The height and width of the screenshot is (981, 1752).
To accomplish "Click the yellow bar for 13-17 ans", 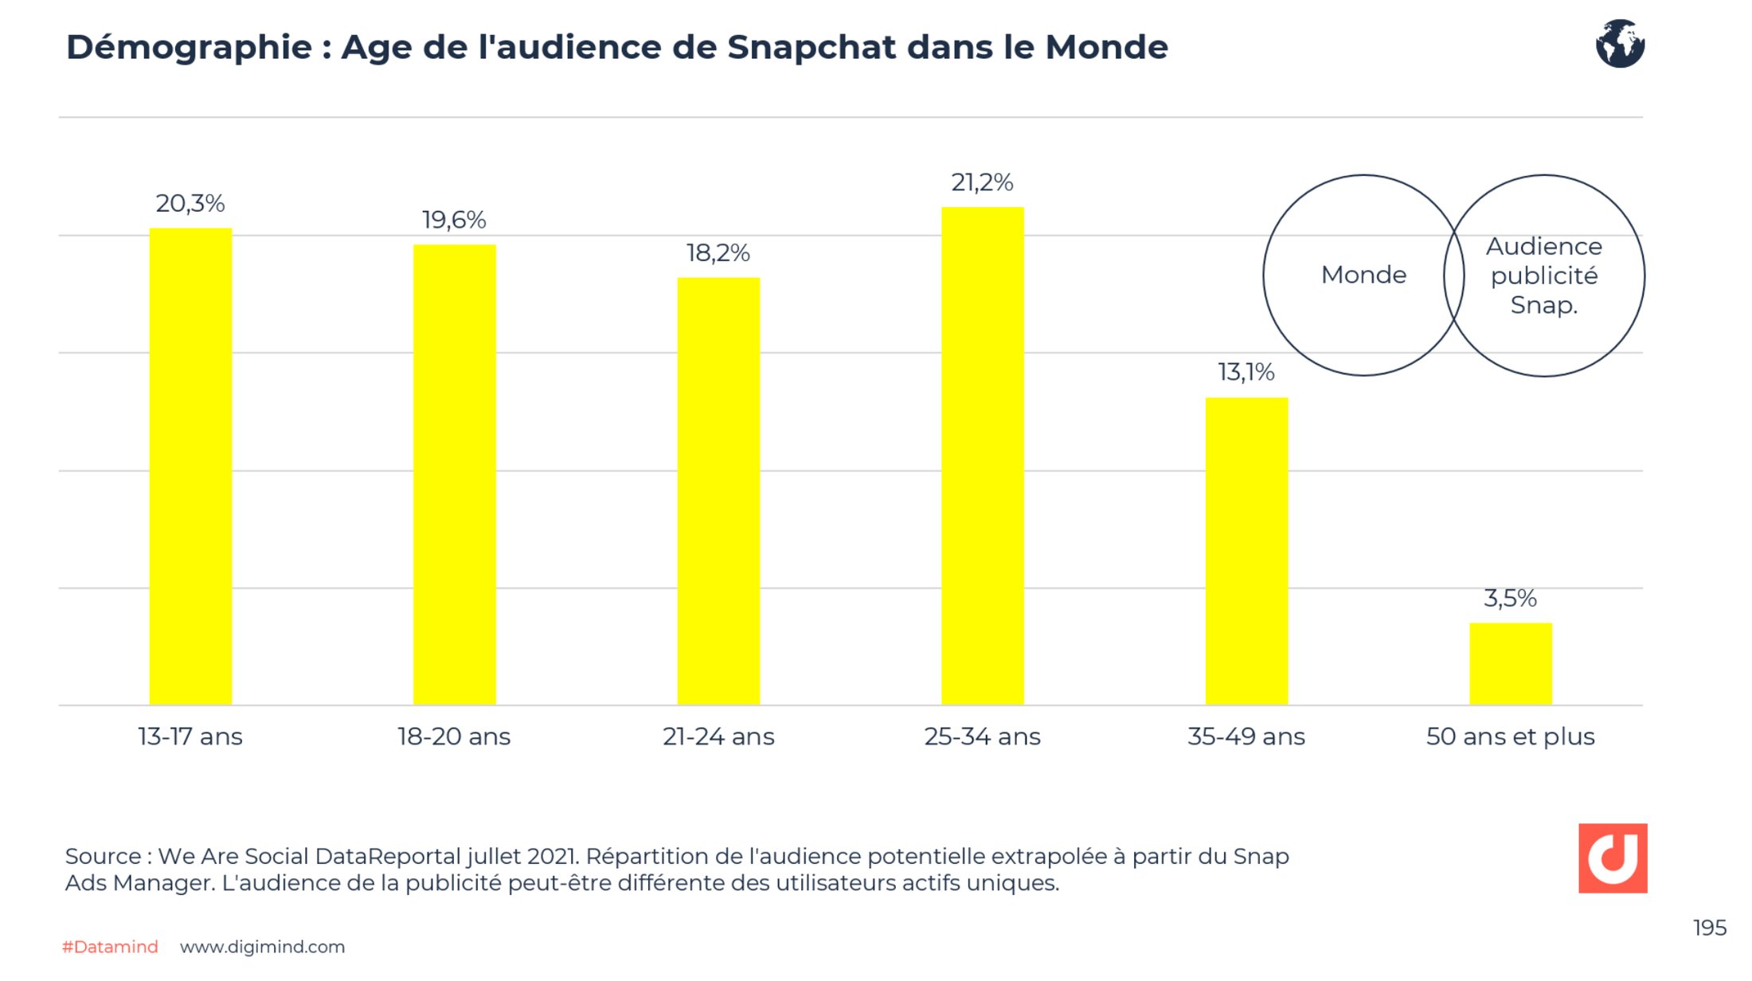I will pyautogui.click(x=190, y=466).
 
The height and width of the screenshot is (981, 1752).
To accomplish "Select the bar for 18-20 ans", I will pyautogui.click(x=454, y=474).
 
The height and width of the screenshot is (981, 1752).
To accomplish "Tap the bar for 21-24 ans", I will pyautogui.click(x=718, y=490).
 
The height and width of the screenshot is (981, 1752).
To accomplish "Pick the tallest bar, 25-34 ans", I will pyautogui.click(x=982, y=455).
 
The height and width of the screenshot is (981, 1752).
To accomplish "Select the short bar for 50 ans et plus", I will pyautogui.click(x=1510, y=663).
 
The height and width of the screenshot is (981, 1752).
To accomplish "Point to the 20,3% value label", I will pyautogui.click(x=190, y=204).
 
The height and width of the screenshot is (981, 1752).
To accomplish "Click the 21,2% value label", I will pyautogui.click(x=982, y=183).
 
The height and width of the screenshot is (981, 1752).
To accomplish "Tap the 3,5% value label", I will pyautogui.click(x=1510, y=598).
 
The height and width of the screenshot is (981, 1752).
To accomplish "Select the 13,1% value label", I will pyautogui.click(x=1246, y=372).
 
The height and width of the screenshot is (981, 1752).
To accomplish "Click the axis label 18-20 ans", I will pyautogui.click(x=454, y=737).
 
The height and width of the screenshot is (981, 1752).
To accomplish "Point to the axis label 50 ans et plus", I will pyautogui.click(x=1510, y=737).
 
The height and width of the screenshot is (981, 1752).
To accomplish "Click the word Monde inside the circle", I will pyautogui.click(x=1363, y=275).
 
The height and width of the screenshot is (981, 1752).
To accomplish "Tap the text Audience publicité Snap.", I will pyautogui.click(x=1544, y=276).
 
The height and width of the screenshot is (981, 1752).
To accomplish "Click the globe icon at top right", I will pyautogui.click(x=1620, y=44).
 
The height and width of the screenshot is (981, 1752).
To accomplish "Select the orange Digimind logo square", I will pyautogui.click(x=1613, y=858).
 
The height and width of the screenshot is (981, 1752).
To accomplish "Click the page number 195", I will pyautogui.click(x=1709, y=928).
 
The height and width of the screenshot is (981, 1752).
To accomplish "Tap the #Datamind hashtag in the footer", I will pyautogui.click(x=110, y=947).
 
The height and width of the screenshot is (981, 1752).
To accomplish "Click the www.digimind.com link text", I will pyautogui.click(x=262, y=947).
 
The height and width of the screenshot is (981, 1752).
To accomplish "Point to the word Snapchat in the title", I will pyautogui.click(x=811, y=48).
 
